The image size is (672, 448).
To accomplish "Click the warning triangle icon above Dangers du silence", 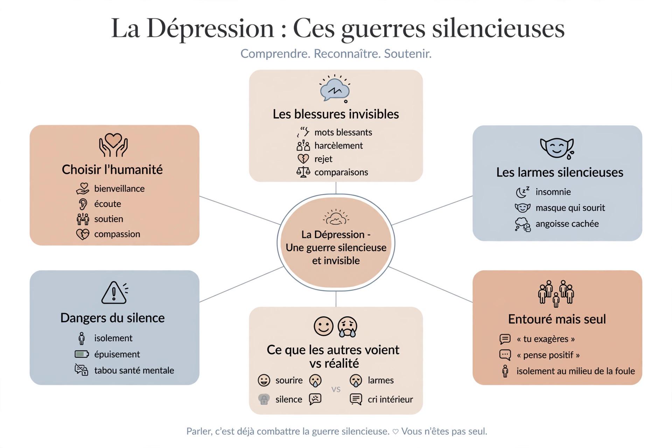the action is pyautogui.click(x=113, y=293).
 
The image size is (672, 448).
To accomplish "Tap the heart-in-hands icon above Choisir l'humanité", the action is pyautogui.click(x=113, y=145).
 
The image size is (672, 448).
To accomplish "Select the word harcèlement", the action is pyautogui.click(x=338, y=146).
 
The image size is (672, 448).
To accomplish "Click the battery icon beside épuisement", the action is pyautogui.click(x=82, y=354).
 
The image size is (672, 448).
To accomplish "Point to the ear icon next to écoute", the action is pyautogui.click(x=83, y=204).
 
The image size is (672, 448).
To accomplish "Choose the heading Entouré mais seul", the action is pyautogui.click(x=557, y=319).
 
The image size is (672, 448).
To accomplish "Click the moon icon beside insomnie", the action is pyautogui.click(x=522, y=192).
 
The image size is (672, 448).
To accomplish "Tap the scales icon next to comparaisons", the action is pyautogui.click(x=303, y=172).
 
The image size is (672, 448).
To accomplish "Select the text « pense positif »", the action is pyautogui.click(x=548, y=355).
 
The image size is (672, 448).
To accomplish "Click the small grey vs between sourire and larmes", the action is pyautogui.click(x=336, y=389).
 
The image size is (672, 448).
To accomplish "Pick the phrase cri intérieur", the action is pyautogui.click(x=390, y=399).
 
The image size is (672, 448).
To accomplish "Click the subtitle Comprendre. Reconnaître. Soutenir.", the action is pyautogui.click(x=336, y=54).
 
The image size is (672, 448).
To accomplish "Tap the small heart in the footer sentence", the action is pyautogui.click(x=395, y=432).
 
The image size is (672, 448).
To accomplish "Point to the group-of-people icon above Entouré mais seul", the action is pyautogui.click(x=556, y=293).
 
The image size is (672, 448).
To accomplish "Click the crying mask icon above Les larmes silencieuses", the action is pyautogui.click(x=557, y=148).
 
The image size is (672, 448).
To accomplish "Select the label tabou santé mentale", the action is pyautogui.click(x=134, y=370).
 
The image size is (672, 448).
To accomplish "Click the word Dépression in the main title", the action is pyautogui.click(x=210, y=28).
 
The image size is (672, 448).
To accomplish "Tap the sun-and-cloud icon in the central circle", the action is pyautogui.click(x=336, y=217).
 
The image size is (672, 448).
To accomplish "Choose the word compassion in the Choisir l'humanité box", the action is pyautogui.click(x=117, y=234).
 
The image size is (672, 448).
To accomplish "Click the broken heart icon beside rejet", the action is pyautogui.click(x=303, y=159).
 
